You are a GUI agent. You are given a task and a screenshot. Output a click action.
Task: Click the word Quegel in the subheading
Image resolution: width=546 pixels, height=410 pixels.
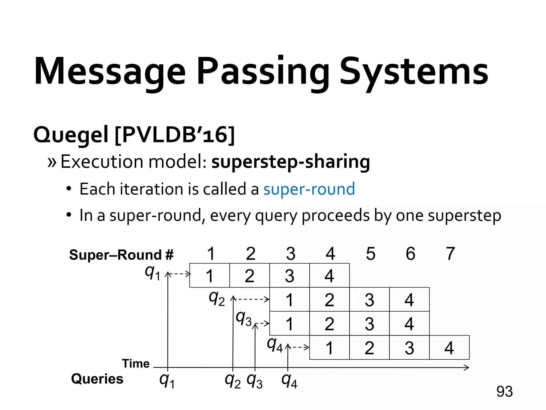tap(71, 135)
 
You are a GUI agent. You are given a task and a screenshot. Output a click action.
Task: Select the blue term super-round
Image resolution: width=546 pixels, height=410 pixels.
tap(309, 189)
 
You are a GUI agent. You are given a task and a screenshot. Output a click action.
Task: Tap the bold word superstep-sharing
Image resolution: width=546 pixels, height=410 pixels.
tap(291, 162)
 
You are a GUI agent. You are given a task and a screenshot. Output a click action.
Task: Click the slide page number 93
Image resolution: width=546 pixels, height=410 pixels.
tap(504, 392)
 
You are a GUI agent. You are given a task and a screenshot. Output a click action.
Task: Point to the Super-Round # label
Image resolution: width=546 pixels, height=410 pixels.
tap(121, 255)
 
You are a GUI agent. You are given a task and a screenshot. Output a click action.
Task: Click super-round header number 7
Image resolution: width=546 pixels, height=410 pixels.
tap(450, 254)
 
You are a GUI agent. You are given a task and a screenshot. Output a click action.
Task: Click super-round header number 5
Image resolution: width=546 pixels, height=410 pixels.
tap(371, 254)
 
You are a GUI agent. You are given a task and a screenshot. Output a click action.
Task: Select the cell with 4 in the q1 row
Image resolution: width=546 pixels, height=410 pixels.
tap(330, 275)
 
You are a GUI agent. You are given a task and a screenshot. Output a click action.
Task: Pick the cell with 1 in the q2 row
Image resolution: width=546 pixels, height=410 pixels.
tap(290, 299)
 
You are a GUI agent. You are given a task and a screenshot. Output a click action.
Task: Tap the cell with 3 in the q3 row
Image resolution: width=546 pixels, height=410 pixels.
tap(369, 324)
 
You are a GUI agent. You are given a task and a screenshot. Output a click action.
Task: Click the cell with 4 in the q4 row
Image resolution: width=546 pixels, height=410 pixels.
tap(449, 348)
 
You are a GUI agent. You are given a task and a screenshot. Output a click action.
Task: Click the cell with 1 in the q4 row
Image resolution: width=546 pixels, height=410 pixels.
tap(330, 348)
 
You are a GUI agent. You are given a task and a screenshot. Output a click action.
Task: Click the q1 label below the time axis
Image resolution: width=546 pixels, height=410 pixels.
tap(167, 381)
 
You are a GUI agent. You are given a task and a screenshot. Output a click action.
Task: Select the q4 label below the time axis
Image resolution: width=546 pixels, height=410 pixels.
tap(289, 381)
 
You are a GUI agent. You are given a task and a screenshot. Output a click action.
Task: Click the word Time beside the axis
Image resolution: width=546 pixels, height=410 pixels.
tap(136, 364)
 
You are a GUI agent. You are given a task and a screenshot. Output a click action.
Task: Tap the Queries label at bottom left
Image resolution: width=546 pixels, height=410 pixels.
tap(97, 379)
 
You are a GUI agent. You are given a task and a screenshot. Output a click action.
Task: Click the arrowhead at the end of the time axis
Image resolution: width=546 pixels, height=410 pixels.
tap(467, 368)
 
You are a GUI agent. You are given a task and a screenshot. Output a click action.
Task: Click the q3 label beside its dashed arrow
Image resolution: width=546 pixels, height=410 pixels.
tap(244, 319)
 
